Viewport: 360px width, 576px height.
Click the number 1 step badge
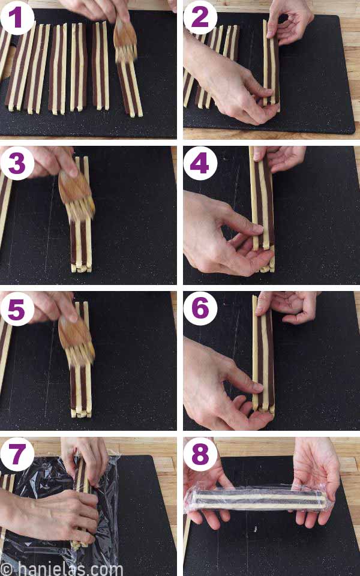click(17, 17)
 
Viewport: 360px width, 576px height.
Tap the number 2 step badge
click(200, 17)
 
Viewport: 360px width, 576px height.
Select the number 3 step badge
click(17, 163)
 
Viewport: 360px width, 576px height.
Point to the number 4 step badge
click(200, 163)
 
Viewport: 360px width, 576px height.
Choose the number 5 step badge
click(17, 309)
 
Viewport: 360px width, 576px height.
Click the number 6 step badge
click(200, 308)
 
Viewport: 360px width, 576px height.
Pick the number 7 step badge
click(17, 454)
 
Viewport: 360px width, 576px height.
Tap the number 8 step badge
click(200, 454)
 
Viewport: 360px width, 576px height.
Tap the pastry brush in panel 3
click(76, 194)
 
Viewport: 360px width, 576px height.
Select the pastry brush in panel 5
click(76, 341)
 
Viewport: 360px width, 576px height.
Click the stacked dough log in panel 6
click(263, 354)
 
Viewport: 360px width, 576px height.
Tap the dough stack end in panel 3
click(81, 268)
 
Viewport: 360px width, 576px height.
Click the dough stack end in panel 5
click(81, 413)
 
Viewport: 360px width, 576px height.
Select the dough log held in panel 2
click(271, 64)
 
